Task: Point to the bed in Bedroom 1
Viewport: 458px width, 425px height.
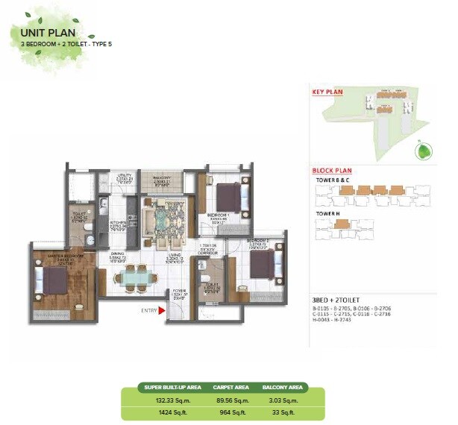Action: [229, 195]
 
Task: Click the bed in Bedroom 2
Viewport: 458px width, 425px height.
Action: [263, 265]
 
